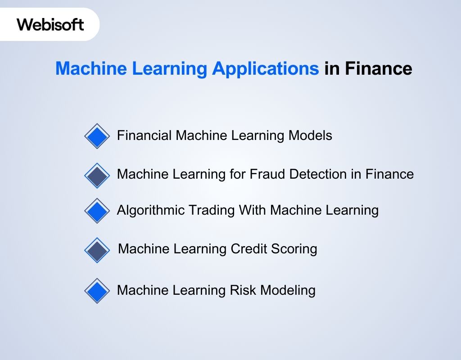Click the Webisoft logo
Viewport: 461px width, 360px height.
pos(50,24)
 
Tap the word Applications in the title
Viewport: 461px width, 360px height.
pos(265,69)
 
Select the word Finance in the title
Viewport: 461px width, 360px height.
pos(378,69)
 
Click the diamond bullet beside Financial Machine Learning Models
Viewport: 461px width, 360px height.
pos(97,136)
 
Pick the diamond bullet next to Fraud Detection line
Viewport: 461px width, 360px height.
pos(97,175)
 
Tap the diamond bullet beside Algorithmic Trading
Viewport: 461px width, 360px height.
pos(97,211)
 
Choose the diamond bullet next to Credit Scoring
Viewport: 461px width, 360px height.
pos(97,250)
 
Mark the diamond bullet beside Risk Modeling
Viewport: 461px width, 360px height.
pos(97,291)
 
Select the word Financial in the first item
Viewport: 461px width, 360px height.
pos(145,135)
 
